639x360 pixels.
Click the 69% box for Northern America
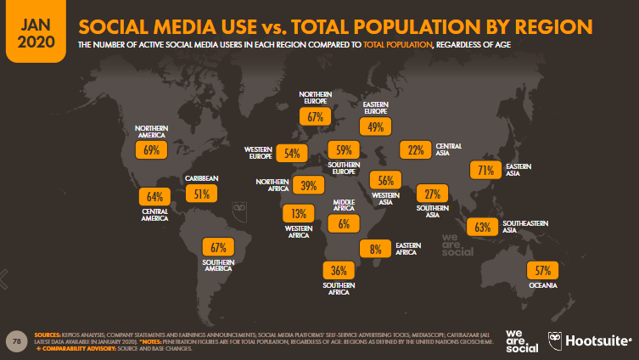pyautogui.click(x=152, y=150)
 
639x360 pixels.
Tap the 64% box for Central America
pyautogui.click(x=154, y=196)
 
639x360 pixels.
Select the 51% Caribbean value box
pyautogui.click(x=203, y=194)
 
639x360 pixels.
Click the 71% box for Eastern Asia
pyautogui.click(x=485, y=171)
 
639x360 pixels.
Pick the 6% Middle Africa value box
pyautogui.click(x=344, y=224)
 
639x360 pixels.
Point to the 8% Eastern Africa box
pyautogui.click(x=374, y=250)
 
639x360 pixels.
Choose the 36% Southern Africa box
pyautogui.click(x=338, y=271)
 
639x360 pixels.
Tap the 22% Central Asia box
pyautogui.click(x=416, y=150)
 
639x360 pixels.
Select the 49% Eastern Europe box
pyautogui.click(x=372, y=127)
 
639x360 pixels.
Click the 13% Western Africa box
pyautogui.click(x=299, y=213)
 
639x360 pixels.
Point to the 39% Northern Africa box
pyautogui.click(x=308, y=185)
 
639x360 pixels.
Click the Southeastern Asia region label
pyautogui.click(x=525, y=226)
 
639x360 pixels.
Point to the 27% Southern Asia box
pyautogui.click(x=431, y=193)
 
